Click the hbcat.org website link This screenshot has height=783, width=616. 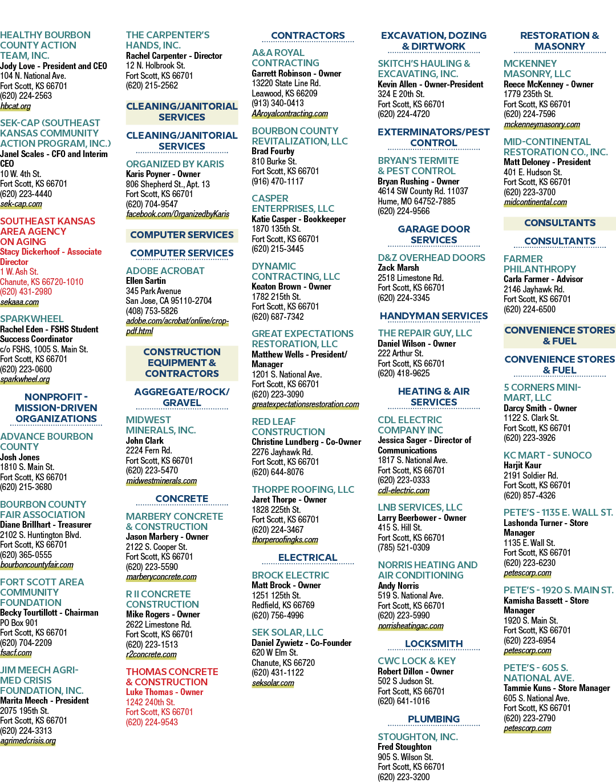15,106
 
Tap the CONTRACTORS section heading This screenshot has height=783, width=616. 308,35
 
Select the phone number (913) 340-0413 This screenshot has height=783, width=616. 278,103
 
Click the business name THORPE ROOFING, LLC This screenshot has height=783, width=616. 303,489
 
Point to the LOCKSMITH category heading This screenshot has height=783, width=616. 434,644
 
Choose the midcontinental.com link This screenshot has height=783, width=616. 536,202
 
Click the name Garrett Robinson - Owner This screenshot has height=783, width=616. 297,74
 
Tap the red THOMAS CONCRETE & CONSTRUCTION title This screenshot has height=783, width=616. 172,677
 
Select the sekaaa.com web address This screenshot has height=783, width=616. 19,302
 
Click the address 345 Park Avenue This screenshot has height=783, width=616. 153,291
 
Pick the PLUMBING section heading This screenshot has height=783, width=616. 434,719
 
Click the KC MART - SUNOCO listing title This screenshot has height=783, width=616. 548,455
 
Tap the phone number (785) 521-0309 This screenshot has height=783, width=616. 404,548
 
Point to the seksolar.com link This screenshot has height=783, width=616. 273,683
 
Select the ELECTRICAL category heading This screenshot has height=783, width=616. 308,557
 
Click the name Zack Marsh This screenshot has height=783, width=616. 398,268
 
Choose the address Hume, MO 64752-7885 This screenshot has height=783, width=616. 416,201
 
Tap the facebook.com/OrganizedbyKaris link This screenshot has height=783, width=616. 178,214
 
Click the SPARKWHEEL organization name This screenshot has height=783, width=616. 32,319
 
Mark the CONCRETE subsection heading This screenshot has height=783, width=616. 182,499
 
